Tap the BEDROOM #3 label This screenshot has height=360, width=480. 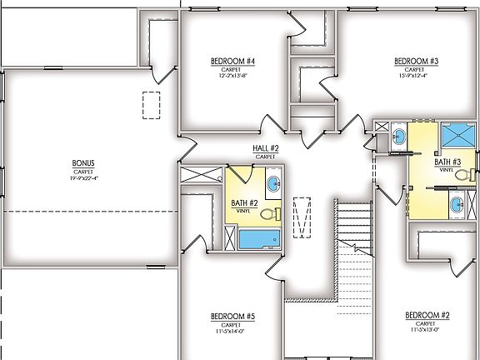click(416, 62)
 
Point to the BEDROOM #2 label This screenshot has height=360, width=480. click(427, 315)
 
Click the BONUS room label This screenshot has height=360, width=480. click(84, 163)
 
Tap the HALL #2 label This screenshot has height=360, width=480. click(266, 148)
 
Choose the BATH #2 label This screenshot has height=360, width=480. click(243, 203)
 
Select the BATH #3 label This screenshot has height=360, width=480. click(447, 162)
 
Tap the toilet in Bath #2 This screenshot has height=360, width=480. click(269, 214)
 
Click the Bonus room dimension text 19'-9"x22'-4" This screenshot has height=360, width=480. click(84, 177)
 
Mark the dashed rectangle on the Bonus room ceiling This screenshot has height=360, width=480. click(151, 107)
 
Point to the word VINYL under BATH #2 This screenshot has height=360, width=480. click(243, 212)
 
